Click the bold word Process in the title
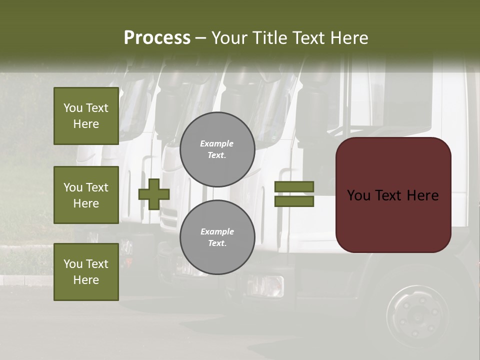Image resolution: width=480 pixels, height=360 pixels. click(157, 38)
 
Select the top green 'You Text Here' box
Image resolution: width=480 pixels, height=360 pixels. click(86, 116)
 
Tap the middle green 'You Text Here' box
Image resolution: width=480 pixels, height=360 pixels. click(86, 195)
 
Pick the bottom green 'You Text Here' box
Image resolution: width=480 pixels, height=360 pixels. click(86, 272)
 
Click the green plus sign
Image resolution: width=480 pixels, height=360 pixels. click(154, 194)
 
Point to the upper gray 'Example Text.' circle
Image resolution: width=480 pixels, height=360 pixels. click(217, 149)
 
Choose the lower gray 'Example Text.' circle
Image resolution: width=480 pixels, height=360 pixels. click(217, 237)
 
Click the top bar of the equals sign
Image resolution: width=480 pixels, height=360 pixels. click(294, 187)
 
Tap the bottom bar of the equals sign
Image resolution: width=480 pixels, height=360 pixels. click(294, 201)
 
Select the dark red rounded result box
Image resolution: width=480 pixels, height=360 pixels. click(393, 194)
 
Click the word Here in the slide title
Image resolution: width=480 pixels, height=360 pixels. click(350, 38)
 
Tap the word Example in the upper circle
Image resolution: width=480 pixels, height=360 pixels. click(217, 144)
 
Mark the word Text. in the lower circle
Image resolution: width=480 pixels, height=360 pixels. click(217, 243)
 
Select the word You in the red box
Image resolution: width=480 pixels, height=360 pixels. click(358, 195)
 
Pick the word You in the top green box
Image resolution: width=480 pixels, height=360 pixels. click(73, 108)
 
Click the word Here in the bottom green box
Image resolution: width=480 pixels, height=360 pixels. click(86, 280)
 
